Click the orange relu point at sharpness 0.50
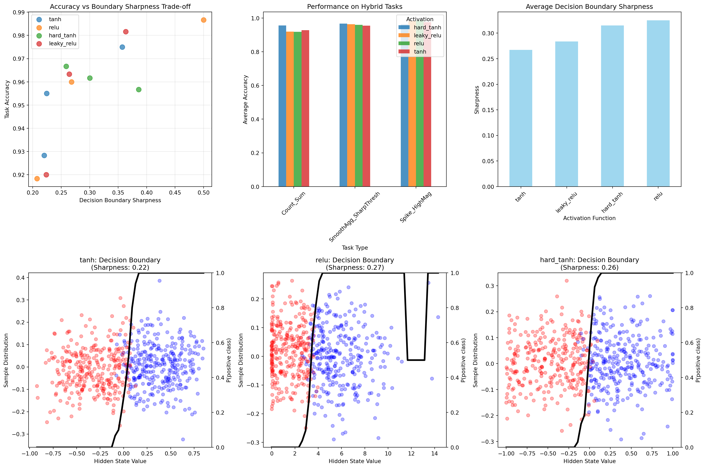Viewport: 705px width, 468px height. tap(203, 20)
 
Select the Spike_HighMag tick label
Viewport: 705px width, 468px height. tap(416, 207)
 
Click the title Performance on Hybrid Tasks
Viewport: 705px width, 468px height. tap(354, 7)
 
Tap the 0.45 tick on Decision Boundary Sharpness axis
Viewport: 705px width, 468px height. tap(175, 193)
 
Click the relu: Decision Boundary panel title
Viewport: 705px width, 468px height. tap(354, 260)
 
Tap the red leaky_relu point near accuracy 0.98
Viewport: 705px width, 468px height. tap(126, 32)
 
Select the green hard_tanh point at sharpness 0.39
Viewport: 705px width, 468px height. tap(138, 89)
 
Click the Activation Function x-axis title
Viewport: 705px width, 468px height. tap(589, 218)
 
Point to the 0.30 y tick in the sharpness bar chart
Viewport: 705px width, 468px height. tap(488, 33)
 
